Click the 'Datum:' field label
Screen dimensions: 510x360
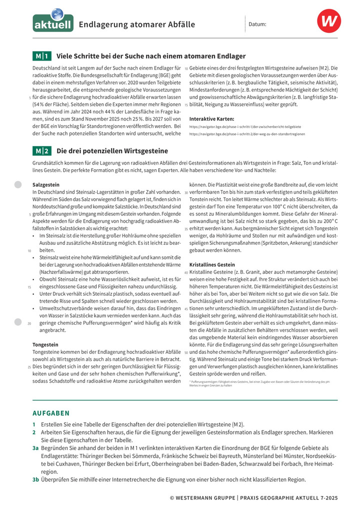pos(257,24)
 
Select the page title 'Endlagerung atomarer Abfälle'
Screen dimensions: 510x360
pos(136,24)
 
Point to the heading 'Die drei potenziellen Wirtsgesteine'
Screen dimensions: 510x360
pos(112,151)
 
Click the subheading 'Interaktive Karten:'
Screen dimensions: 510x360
pos(212,119)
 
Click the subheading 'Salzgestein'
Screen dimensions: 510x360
pos(46,185)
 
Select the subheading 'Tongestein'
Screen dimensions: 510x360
pos(45,345)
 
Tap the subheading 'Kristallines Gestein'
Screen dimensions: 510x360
pos(212,264)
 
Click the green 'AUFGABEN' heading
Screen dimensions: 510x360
pos(51,413)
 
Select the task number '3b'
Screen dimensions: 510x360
pos(35,480)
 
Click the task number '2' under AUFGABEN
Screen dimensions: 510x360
pos(34,432)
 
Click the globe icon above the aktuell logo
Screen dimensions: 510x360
pos(57,13)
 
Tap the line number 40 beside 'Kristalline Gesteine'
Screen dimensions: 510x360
pos(186,272)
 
